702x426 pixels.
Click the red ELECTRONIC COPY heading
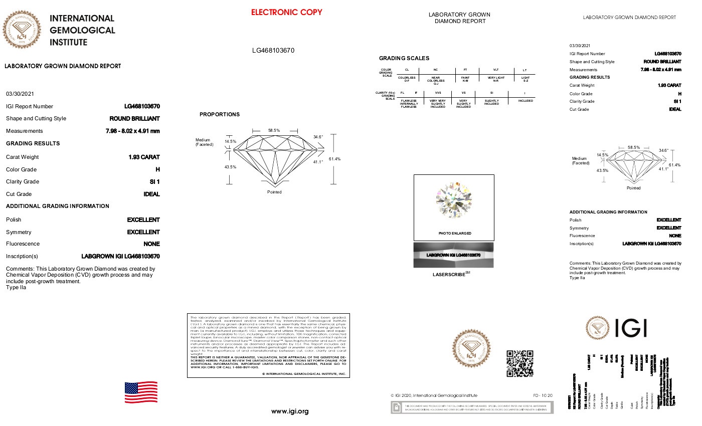pyautogui.click(x=286, y=12)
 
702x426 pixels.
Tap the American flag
pyautogui.click(x=141, y=392)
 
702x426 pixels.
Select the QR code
pyautogui.click(x=519, y=363)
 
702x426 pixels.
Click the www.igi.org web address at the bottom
pyautogui.click(x=290, y=411)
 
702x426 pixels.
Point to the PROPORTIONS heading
pyautogui.click(x=220, y=114)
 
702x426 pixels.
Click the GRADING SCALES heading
pyautogui.click(x=404, y=58)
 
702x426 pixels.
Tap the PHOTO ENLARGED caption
pyautogui.click(x=454, y=233)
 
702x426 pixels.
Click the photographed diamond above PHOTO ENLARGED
pyautogui.click(x=454, y=200)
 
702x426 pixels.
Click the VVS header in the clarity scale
pyautogui.click(x=437, y=93)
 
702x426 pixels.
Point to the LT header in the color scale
pyautogui.click(x=524, y=70)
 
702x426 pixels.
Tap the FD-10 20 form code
pyautogui.click(x=543, y=395)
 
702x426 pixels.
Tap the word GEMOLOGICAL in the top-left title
pyautogui.click(x=82, y=30)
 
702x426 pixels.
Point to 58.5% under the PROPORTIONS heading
pyautogui.click(x=274, y=130)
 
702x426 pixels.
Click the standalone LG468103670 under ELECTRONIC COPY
pyautogui.click(x=273, y=50)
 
